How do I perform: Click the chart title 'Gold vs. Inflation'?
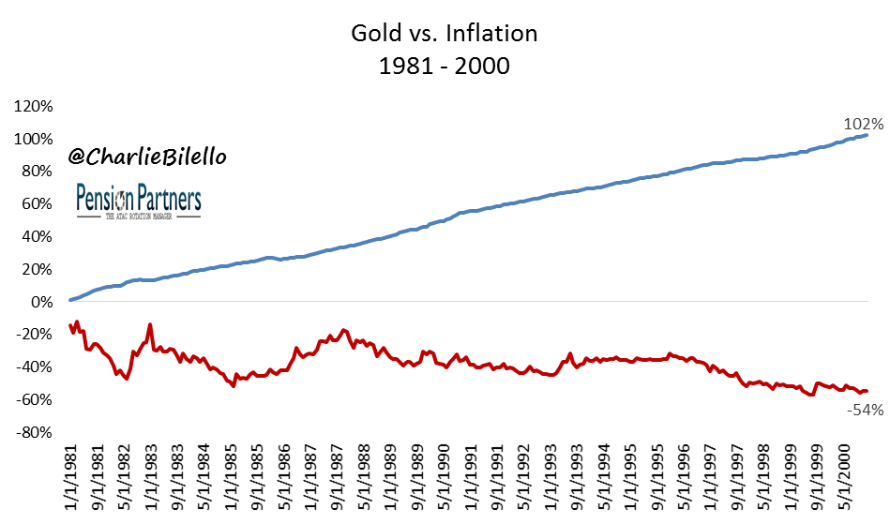[445, 35]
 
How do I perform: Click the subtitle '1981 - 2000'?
[445, 66]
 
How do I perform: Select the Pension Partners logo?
[137, 201]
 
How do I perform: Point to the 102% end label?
[864, 124]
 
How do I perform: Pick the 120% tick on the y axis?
[35, 106]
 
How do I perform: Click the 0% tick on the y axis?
[42, 302]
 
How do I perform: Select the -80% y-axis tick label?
[37, 433]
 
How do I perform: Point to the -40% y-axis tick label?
[37, 367]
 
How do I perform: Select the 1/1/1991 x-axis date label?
[473, 478]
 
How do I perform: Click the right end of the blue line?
[867, 135]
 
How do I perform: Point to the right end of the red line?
[867, 391]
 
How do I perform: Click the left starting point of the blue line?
[70, 300]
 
